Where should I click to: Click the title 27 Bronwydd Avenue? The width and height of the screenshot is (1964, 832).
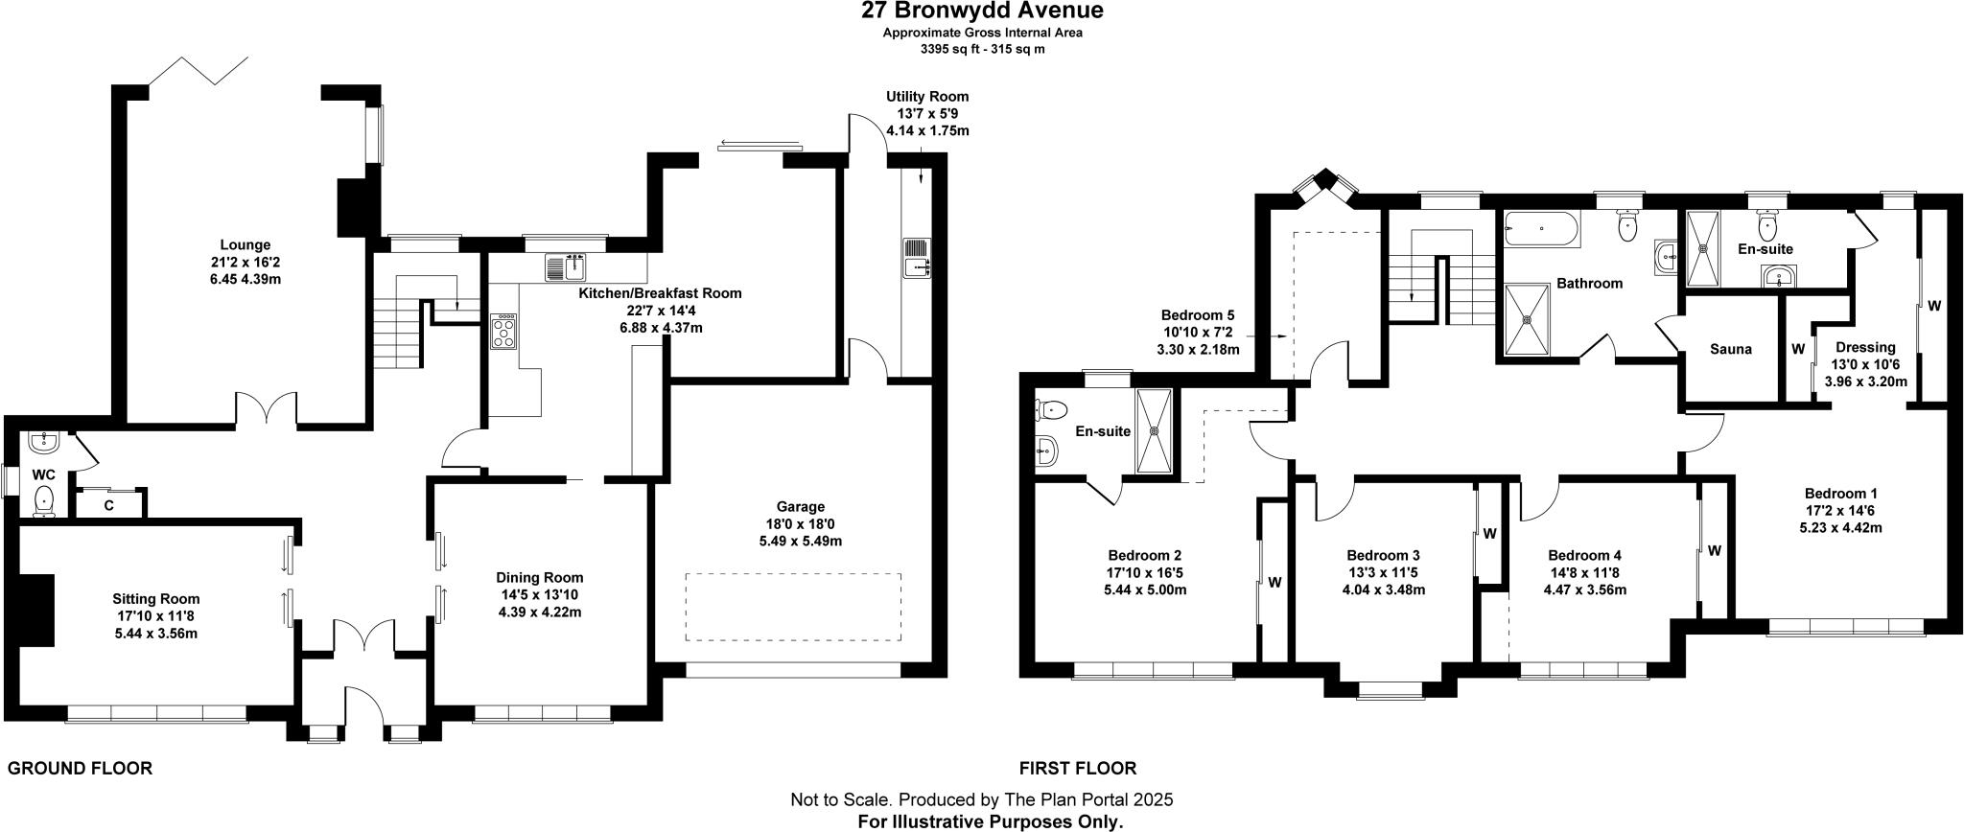(982, 12)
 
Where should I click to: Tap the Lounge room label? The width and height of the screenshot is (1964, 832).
(245, 245)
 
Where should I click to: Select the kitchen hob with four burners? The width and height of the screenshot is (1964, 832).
(504, 332)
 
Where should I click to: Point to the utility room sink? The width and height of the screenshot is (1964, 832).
(917, 259)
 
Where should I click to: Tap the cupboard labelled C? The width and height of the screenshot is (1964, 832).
(109, 504)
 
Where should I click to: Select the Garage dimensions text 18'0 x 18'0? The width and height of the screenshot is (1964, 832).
(800, 523)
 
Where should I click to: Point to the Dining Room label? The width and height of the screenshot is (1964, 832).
(539, 577)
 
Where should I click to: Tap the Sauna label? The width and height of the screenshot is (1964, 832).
(1730, 349)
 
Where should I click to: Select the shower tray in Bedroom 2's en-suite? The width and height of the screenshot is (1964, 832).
(1154, 431)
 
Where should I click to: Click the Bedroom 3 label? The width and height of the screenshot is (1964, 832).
(1383, 555)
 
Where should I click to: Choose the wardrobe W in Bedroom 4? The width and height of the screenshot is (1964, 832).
(1714, 551)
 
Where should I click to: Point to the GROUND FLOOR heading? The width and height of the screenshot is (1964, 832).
(80, 768)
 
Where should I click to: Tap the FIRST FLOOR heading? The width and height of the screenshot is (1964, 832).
(1077, 768)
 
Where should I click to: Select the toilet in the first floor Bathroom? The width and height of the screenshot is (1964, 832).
(1627, 226)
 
